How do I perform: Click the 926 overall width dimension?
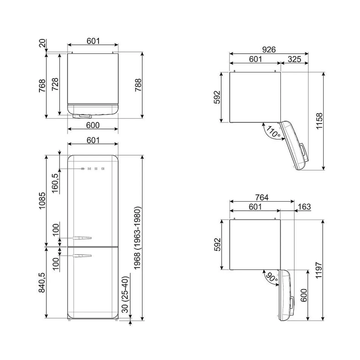point(269,50)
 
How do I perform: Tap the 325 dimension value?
point(294,59)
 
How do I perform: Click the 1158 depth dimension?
point(319,121)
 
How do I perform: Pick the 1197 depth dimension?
point(319,270)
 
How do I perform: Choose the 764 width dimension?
point(262,197)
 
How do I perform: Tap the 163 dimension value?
point(304,207)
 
